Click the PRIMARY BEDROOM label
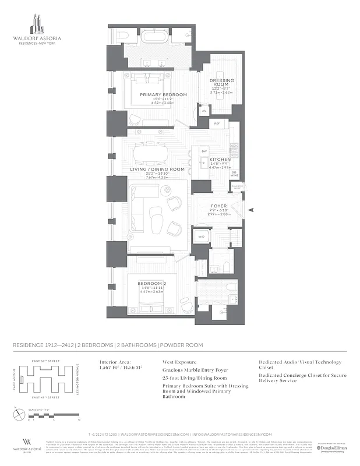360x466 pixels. (163, 94)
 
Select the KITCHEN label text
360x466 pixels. (220, 159)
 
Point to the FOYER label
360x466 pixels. (219, 206)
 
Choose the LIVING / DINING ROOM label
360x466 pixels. (157, 170)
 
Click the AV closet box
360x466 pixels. (204, 110)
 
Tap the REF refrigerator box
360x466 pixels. (217, 123)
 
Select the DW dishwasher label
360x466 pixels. (204, 151)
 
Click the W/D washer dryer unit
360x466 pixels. (201, 236)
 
